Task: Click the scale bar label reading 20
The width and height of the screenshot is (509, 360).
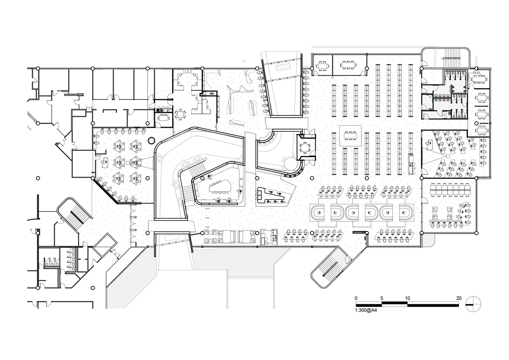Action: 459,298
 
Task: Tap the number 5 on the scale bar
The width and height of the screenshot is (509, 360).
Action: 382,298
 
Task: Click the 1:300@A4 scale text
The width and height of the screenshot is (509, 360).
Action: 366,310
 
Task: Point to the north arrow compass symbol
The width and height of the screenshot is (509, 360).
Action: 473,304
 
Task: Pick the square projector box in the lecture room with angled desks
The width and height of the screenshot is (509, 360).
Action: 447,156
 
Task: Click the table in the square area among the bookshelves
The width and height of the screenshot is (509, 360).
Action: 350,136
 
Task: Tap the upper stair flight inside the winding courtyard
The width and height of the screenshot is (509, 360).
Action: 197,169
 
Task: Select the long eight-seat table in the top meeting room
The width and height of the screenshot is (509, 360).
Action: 347,65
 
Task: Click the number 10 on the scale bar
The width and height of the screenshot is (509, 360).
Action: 408,298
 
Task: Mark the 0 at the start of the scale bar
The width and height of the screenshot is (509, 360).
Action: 356,298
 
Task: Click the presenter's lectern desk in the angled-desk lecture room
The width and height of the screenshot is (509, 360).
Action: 429,145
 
